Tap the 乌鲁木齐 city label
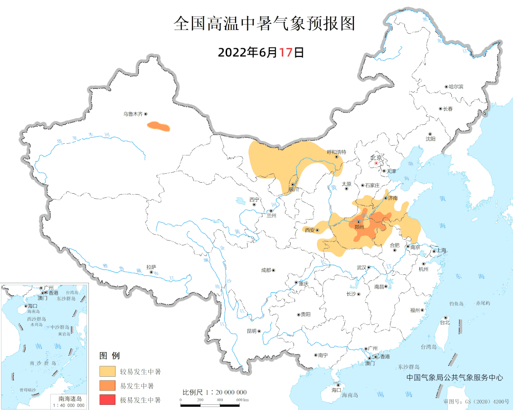click(x=133, y=114)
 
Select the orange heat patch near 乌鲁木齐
click(x=158, y=126)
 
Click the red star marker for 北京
click(x=376, y=163)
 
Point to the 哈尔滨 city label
click(x=456, y=87)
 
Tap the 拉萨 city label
click(x=151, y=267)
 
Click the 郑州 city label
click(x=360, y=227)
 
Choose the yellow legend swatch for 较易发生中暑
click(x=107, y=371)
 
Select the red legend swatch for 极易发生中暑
click(x=107, y=400)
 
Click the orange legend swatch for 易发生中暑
click(x=107, y=385)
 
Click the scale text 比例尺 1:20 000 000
click(x=215, y=392)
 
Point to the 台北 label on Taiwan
click(x=444, y=323)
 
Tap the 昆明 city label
click(x=251, y=331)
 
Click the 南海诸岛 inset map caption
click(x=70, y=399)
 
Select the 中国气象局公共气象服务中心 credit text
click(x=455, y=378)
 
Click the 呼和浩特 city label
click(x=337, y=152)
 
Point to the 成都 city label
click(x=266, y=270)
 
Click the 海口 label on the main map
click(x=336, y=390)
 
